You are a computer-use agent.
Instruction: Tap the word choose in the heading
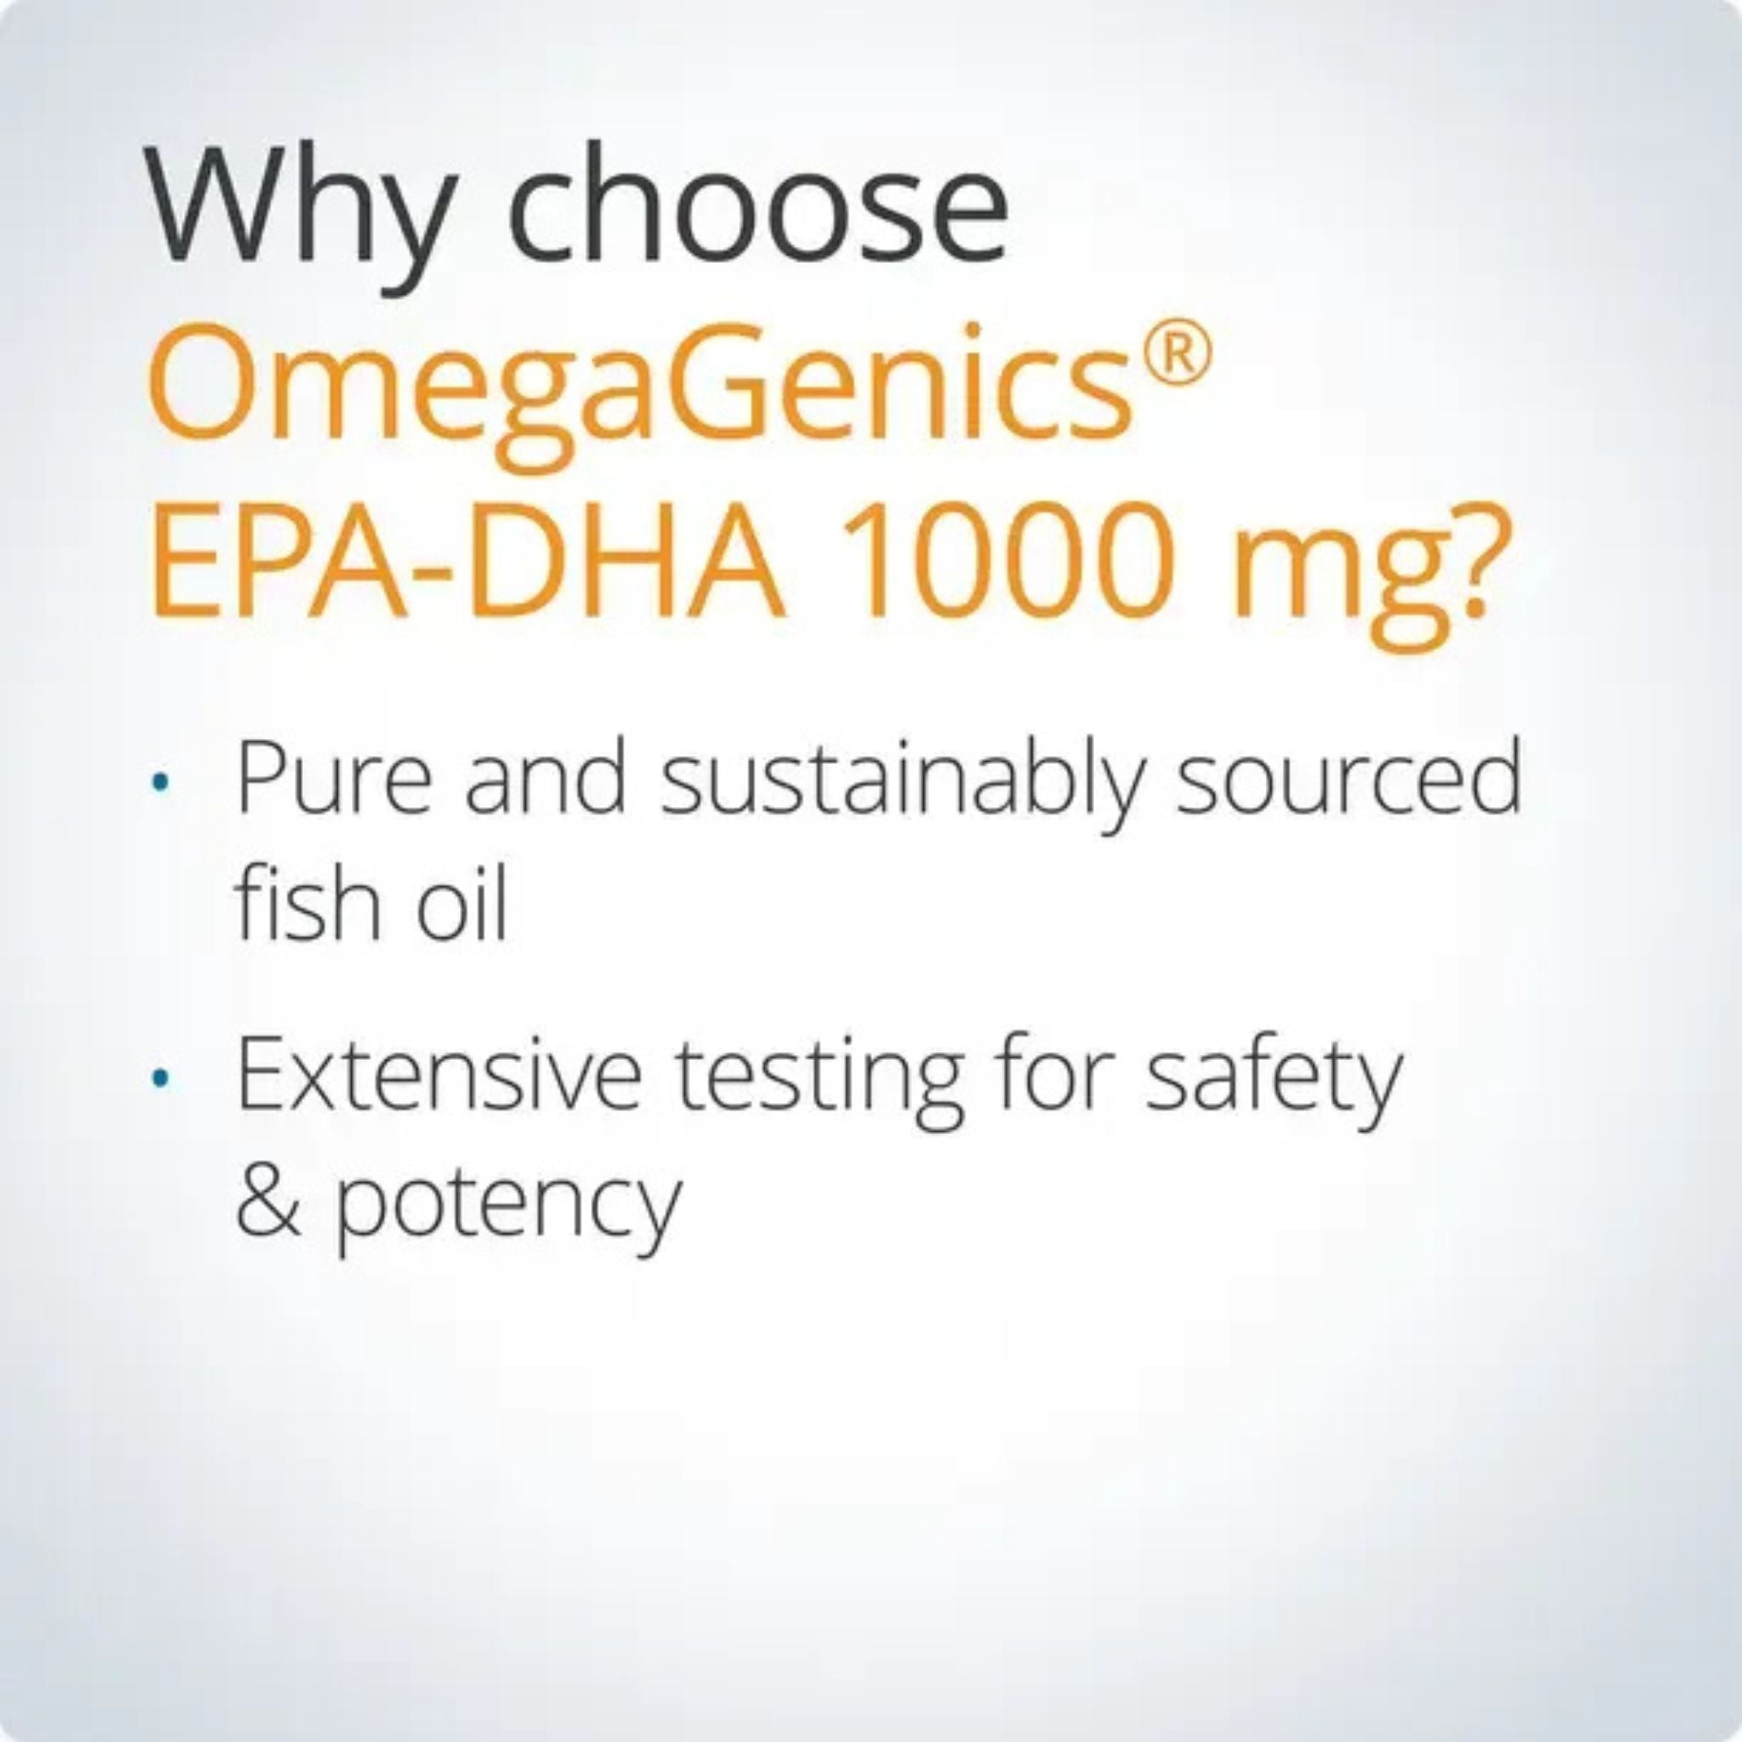click(756, 208)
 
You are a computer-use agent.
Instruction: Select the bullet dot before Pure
click(161, 783)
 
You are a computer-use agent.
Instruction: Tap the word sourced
click(1347, 777)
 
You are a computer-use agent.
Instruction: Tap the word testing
click(822, 1082)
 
